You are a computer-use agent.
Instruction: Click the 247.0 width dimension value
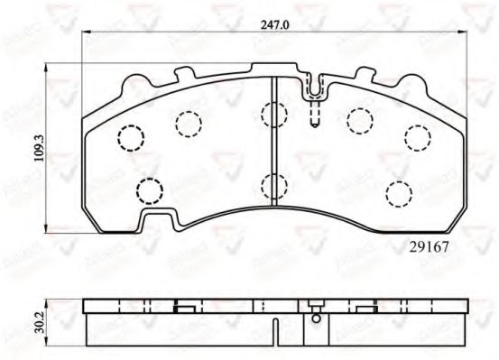(273, 26)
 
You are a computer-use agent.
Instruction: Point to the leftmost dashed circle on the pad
(132, 137)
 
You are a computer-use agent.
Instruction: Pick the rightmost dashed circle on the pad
(416, 137)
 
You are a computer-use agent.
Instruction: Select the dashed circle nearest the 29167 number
(397, 193)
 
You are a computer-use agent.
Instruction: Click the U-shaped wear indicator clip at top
(314, 88)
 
